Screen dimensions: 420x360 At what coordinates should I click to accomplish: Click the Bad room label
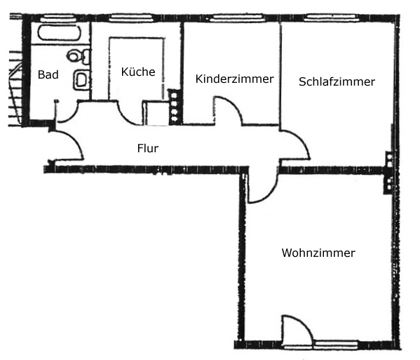pyautogui.click(x=48, y=74)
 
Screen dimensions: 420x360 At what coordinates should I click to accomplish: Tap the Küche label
pyautogui.click(x=138, y=72)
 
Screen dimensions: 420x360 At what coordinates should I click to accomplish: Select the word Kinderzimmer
pyautogui.click(x=235, y=79)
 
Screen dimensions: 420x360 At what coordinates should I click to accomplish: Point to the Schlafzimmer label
pyautogui.click(x=337, y=82)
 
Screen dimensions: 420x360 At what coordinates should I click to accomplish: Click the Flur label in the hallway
pyautogui.click(x=148, y=148)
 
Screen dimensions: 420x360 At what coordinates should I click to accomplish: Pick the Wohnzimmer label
pyautogui.click(x=318, y=253)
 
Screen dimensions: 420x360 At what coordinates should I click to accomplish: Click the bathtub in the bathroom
pyautogui.click(x=59, y=33)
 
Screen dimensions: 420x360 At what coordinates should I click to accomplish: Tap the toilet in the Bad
pyautogui.click(x=78, y=55)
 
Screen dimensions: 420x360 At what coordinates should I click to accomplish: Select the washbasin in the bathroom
pyautogui.click(x=81, y=79)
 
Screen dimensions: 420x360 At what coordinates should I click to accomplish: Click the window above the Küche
pyautogui.click(x=131, y=18)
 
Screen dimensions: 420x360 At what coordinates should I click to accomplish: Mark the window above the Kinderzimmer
pyautogui.click(x=237, y=18)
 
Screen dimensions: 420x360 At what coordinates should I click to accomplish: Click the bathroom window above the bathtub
pyautogui.click(x=59, y=18)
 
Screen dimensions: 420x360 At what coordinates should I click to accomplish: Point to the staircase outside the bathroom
pyautogui.click(x=15, y=88)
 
